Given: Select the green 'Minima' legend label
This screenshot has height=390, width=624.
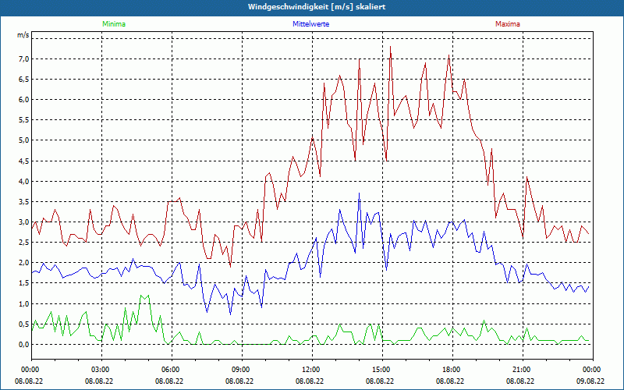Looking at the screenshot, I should (114, 24).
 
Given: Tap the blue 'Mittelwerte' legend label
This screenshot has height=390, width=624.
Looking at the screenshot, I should (310, 24).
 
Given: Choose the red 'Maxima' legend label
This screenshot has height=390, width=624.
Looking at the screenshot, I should (508, 24).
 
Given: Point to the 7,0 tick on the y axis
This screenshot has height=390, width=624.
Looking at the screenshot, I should (23, 58).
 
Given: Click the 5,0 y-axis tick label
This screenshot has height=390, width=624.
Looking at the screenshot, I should (23, 140).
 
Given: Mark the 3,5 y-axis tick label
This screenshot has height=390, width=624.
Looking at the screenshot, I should (23, 201).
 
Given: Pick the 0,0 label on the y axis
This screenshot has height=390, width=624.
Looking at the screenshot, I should (23, 344).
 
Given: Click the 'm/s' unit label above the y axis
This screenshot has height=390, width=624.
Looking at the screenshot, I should (23, 36).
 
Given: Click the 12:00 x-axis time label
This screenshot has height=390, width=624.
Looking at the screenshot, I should (310, 370).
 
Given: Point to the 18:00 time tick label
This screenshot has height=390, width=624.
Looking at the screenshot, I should (451, 370).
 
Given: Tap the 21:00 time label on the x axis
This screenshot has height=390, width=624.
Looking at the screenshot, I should (521, 370).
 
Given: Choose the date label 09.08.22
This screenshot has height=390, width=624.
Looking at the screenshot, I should (590, 381).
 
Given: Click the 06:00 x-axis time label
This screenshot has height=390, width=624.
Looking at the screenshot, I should (171, 370).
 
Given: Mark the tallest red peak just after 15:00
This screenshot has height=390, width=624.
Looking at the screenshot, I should (390, 48).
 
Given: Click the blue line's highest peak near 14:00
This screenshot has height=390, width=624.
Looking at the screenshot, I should (359, 193).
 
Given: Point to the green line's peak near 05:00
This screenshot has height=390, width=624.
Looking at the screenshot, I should (145, 295).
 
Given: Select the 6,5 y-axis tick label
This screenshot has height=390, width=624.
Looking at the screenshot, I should (23, 79).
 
